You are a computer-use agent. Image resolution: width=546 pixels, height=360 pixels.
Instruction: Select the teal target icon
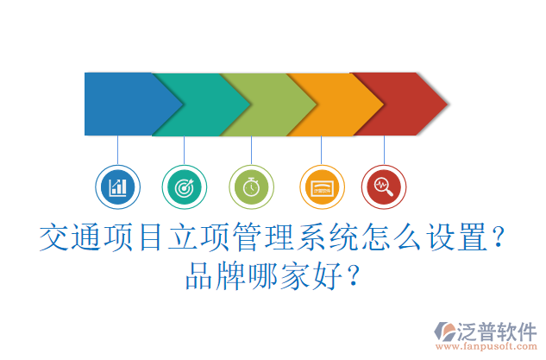pos(184,186)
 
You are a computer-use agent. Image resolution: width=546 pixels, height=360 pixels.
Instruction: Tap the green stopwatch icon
pos(251,186)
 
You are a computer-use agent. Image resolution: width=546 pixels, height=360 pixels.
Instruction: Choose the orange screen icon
pos(321,186)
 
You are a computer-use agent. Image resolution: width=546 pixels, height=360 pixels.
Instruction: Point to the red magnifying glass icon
pos(383,186)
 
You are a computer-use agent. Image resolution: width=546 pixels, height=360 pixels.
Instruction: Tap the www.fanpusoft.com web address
pos(487,348)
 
